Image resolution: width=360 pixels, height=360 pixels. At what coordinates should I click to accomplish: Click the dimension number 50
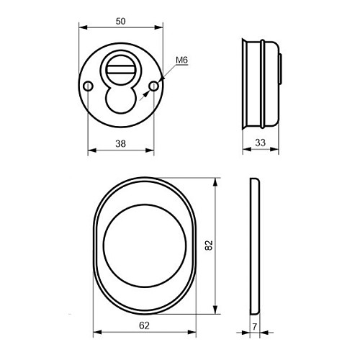(120, 22)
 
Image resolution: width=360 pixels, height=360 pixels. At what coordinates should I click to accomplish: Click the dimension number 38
(120, 144)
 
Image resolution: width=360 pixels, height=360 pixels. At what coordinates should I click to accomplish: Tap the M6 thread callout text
(181, 60)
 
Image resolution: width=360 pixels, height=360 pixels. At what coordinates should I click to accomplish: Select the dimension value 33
(261, 143)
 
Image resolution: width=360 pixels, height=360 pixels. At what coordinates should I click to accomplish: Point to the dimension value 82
(209, 246)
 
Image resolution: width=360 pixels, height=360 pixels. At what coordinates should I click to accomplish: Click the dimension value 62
(144, 325)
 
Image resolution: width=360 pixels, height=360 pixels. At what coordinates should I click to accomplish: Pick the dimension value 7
(255, 327)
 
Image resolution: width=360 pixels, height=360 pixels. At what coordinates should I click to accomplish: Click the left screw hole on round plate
(88, 86)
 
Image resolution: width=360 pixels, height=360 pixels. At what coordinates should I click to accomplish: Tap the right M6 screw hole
(153, 86)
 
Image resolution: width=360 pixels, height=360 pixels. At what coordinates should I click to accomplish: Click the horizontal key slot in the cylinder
(121, 70)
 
